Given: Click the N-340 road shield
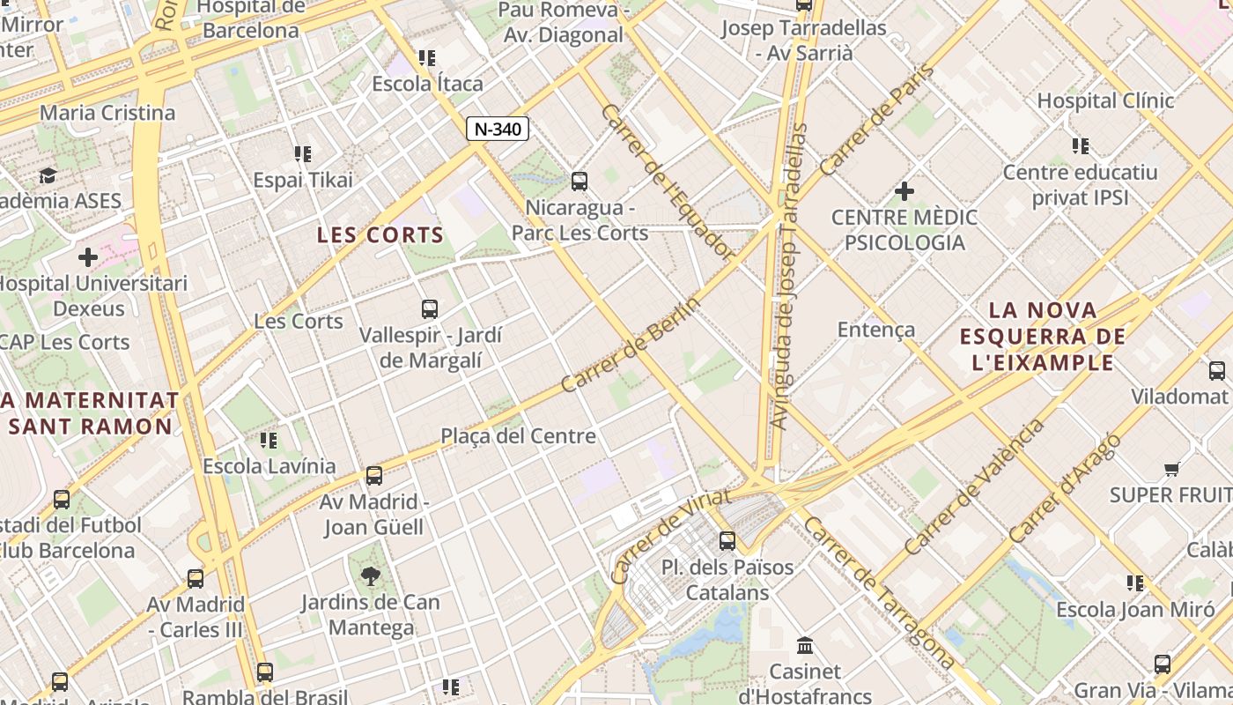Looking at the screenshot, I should [x=497, y=129].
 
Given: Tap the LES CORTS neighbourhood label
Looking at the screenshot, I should [x=380, y=235].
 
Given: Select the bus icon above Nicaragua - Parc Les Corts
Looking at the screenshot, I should [x=580, y=182].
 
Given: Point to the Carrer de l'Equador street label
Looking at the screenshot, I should [x=668, y=182].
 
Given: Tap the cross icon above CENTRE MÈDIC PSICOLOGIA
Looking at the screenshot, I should [x=904, y=190].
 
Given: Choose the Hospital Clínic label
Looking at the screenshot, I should [x=1105, y=100].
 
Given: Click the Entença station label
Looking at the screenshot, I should [x=876, y=330].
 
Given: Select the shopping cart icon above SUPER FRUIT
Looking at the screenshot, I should [x=1171, y=469].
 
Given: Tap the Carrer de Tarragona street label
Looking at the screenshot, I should [x=879, y=592].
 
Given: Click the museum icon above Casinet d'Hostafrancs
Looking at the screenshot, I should [x=805, y=645].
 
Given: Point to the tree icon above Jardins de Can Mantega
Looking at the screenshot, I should [x=371, y=576].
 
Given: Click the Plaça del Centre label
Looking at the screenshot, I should [x=518, y=435].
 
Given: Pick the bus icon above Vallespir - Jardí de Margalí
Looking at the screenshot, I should [x=430, y=309].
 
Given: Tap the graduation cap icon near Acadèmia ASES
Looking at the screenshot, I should [x=48, y=175].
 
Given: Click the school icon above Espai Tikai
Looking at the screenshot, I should [x=303, y=154].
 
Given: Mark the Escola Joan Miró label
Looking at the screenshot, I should [x=1135, y=609].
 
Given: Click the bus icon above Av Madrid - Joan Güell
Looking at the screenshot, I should [x=374, y=476].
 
